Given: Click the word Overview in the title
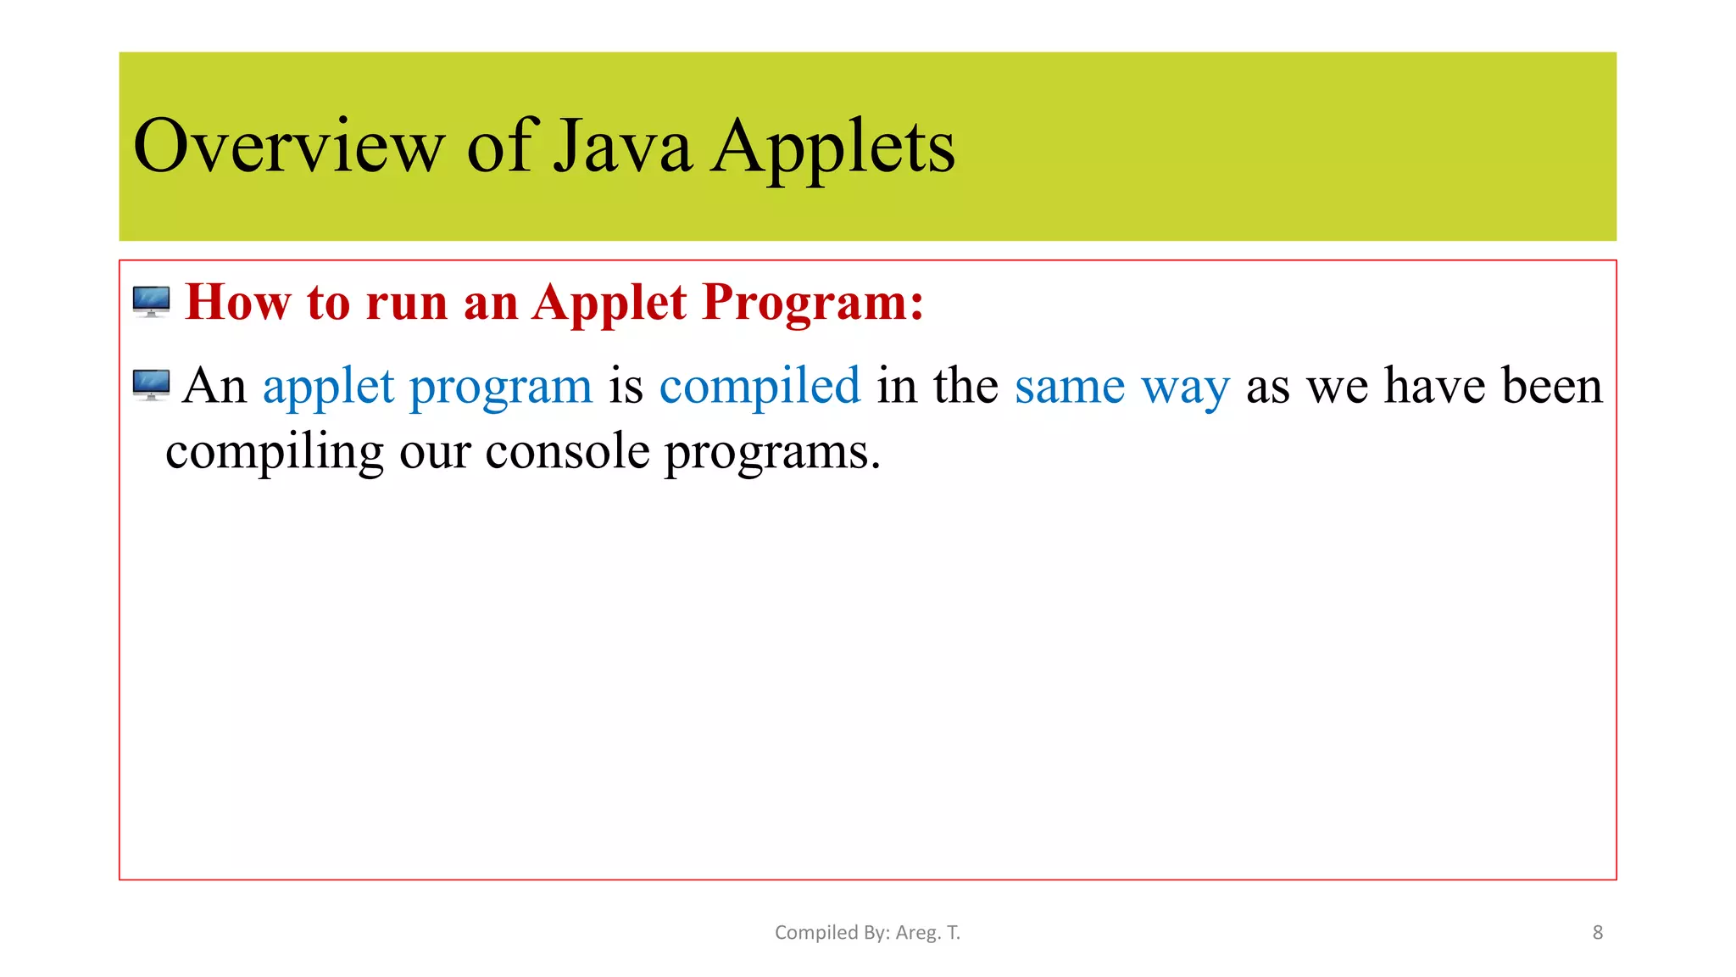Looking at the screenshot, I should (288, 147).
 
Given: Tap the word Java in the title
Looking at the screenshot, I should (623, 147).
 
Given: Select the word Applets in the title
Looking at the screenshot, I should (832, 147).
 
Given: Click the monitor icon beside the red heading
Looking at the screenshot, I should (152, 302).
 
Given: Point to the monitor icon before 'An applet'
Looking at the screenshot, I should (152, 385).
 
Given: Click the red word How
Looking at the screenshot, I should (237, 302).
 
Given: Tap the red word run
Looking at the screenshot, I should (407, 304).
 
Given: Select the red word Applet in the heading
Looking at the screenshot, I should (609, 304).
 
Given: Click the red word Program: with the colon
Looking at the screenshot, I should (813, 304).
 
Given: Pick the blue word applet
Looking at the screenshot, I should (328, 387).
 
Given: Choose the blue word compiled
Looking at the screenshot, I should (759, 387).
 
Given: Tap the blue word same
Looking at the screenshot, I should (1070, 387).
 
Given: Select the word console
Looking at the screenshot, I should (567, 451).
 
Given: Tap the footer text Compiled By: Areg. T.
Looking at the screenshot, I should (867, 933).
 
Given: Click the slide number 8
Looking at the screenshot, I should (1598, 933).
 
